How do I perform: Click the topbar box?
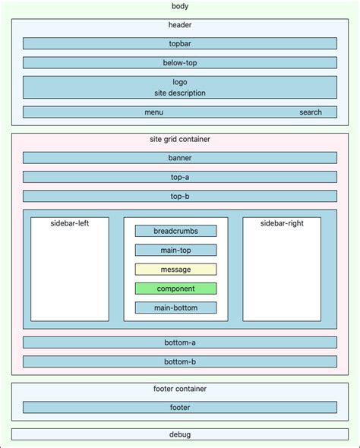coord(179,44)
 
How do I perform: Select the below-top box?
coord(179,63)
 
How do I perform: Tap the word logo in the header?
coord(179,81)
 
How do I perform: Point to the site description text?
coord(179,93)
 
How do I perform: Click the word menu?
coord(153,112)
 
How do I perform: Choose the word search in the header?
coord(310,112)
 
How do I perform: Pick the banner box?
coord(179,158)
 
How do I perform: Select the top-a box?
coord(179,177)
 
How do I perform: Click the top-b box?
coord(179,196)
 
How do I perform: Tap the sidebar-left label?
coord(70,224)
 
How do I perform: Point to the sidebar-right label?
coord(281,224)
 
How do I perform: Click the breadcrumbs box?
coord(175,231)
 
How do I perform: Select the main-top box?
coord(175,250)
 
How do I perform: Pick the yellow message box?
coord(175,270)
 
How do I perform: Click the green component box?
coord(175,289)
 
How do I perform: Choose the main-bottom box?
coord(175,308)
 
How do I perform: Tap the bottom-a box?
coord(179,342)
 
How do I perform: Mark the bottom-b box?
coord(179,361)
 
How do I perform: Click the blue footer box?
coord(179,407)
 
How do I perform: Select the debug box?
coord(179,434)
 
